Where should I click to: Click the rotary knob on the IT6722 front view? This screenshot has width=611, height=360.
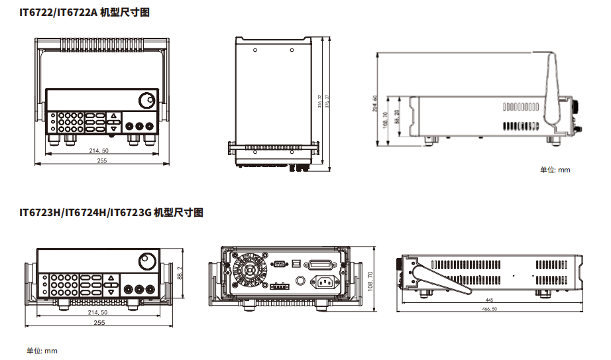tap(146, 101)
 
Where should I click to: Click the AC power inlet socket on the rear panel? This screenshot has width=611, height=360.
tap(325, 283)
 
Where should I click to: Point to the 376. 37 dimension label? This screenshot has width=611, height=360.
tap(327, 103)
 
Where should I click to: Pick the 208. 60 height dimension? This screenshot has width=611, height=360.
tap(375, 106)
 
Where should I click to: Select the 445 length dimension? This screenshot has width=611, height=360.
tap(490, 300)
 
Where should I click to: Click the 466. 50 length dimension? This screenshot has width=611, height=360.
tap(490, 310)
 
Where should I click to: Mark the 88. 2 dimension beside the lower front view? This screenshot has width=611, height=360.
tap(180, 272)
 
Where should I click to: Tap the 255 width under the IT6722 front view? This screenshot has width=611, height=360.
tap(102, 160)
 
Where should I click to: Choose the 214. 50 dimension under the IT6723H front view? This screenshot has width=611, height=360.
tap(98, 312)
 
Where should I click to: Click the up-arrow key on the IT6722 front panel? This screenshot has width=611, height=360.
tap(113, 115)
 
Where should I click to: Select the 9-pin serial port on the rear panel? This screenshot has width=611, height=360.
tap(279, 263)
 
